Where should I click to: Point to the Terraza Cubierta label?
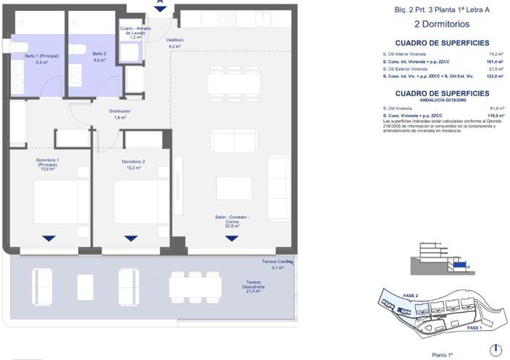(x=277, y=263)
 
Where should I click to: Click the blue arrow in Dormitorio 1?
(x=48, y=238)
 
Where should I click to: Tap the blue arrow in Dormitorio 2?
(x=130, y=238)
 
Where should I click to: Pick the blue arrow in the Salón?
(x=231, y=238)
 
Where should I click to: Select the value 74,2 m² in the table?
(x=496, y=54)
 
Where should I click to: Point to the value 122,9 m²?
(x=496, y=76)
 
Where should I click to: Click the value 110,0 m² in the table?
(x=496, y=114)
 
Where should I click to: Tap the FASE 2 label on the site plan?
(x=391, y=296)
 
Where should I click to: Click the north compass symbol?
(x=496, y=351)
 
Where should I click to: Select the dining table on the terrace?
(x=195, y=286)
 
